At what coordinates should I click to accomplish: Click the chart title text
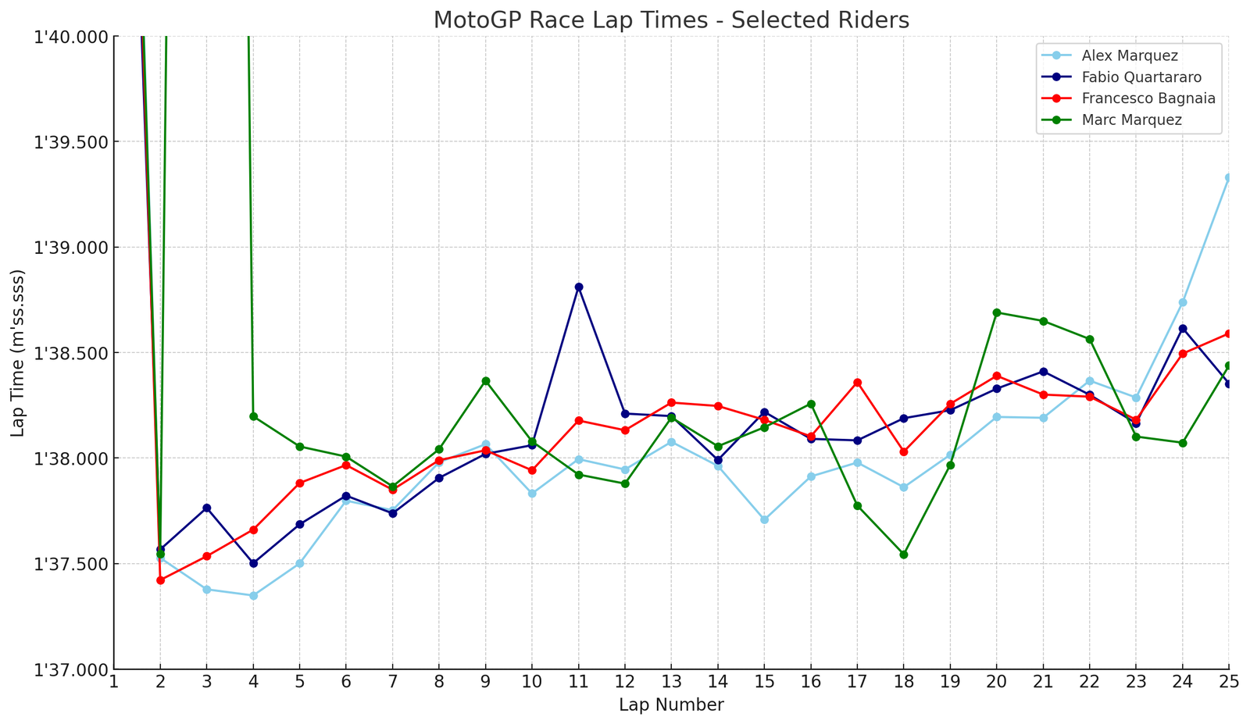click(671, 20)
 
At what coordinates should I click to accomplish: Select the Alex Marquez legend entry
click(1130, 55)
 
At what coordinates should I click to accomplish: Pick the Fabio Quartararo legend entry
click(1141, 77)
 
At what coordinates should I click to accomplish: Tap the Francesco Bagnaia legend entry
click(1148, 98)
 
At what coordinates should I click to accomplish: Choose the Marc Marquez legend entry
click(1131, 120)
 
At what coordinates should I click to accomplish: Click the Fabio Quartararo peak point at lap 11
click(579, 287)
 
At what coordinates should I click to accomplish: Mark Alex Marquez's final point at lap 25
click(1229, 178)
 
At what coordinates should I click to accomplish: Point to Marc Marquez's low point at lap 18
click(904, 555)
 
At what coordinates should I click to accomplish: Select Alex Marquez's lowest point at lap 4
click(253, 596)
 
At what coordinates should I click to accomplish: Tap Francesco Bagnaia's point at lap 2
click(160, 580)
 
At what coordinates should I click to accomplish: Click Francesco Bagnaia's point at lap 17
click(858, 383)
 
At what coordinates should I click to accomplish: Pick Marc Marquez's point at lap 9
click(486, 381)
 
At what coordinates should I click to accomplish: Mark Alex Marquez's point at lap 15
click(765, 519)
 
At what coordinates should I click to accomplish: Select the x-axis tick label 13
click(671, 682)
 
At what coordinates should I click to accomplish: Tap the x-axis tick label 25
click(1229, 682)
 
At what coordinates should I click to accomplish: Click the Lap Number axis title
click(671, 705)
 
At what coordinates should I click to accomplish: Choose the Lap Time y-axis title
click(18, 353)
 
